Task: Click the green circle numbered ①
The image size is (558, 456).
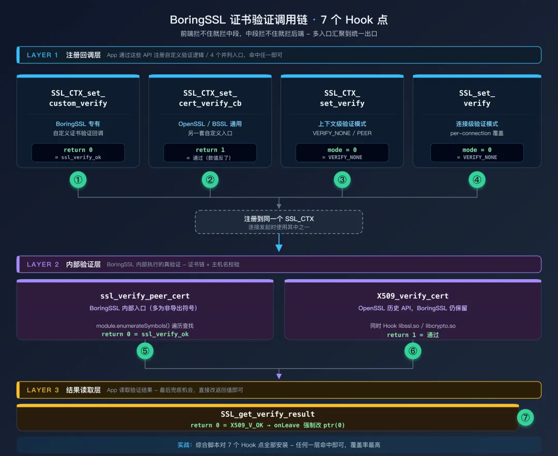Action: pos(78,180)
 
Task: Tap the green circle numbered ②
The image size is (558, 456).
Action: pos(210,180)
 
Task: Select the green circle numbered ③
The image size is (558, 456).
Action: pos(342,180)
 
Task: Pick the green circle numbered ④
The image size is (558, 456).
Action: pos(477,180)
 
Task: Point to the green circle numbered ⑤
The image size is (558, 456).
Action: pos(145,351)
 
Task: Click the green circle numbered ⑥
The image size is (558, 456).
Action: pos(413,351)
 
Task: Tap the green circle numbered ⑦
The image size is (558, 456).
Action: pos(525,418)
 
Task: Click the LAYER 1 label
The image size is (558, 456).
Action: pos(42,55)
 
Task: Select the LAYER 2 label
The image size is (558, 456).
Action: pos(43,265)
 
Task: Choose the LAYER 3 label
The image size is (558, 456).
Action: pos(43,390)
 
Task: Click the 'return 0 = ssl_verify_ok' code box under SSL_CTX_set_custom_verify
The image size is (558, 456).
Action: pos(78,153)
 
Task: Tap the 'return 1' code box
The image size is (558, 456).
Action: pos(210,153)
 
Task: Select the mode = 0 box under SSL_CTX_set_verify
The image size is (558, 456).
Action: pos(342,153)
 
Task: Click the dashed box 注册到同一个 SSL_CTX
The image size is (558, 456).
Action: pos(279,222)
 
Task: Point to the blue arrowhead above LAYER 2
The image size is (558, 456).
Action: pos(279,248)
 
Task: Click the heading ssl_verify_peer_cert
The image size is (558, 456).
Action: pos(145,296)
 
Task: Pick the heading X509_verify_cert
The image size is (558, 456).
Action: pos(413,296)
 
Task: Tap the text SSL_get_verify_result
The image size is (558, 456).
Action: pos(268,414)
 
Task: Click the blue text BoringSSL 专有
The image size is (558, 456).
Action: pos(78,124)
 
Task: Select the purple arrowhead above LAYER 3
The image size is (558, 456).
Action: pos(279,376)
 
